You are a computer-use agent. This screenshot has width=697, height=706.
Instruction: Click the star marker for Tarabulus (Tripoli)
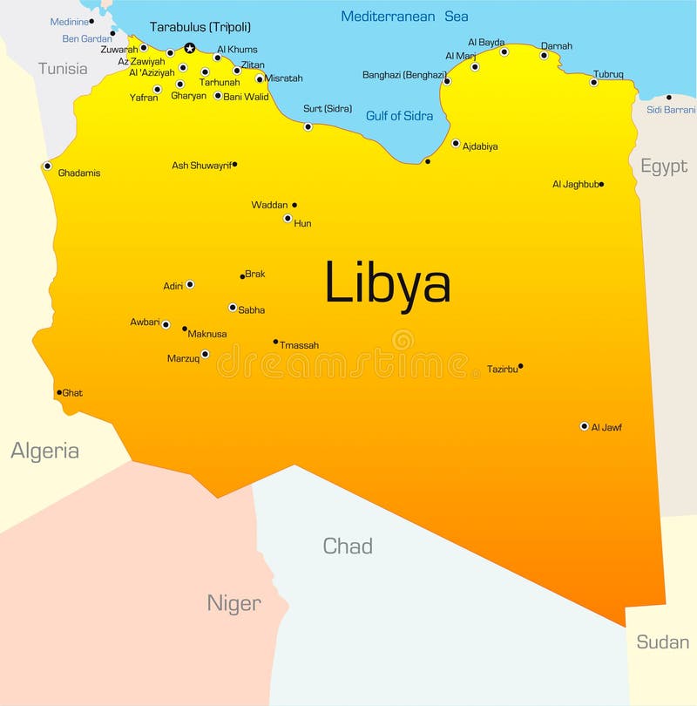coord(190,49)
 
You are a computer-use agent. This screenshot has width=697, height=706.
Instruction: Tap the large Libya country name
coord(388,283)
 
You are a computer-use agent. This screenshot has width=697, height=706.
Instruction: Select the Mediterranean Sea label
coord(404,17)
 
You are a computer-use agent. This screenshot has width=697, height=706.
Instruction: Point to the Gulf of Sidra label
coord(400,116)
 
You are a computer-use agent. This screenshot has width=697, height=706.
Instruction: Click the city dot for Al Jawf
coord(584,426)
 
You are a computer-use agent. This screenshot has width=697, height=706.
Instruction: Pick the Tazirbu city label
coord(502,369)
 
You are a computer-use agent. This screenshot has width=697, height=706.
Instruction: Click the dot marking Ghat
coord(59,392)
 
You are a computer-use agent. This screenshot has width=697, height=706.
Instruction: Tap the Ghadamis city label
coord(79,173)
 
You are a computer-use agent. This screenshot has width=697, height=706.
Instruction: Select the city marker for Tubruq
coord(593,82)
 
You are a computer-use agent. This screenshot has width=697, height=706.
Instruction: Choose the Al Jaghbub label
coord(574,185)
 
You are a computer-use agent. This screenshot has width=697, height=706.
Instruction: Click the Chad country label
coord(348,546)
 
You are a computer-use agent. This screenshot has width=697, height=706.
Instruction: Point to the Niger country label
coord(233,603)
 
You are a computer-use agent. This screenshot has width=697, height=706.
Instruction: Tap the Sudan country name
coord(662,642)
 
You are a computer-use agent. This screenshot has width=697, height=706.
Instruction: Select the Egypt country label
coord(664,166)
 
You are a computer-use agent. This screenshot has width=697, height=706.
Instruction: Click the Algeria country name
coord(44,451)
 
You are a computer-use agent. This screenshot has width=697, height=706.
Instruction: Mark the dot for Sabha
coord(233,307)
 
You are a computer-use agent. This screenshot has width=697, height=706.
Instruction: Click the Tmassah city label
coord(299,345)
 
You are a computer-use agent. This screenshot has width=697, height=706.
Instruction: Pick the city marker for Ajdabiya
coord(456,143)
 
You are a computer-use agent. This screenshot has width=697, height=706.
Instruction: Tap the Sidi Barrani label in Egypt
coord(671,110)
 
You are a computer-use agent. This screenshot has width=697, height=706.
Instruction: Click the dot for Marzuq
coord(205,354)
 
